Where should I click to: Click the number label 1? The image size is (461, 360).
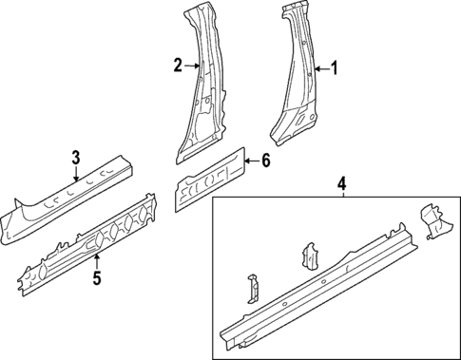[x=334, y=68]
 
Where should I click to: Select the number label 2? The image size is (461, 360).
[x=178, y=66]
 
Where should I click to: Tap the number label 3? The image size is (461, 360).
[x=76, y=156]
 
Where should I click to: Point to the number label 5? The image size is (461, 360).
[x=96, y=278]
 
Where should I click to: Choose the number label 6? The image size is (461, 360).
[x=266, y=161]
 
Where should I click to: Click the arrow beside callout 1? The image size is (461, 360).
[x=320, y=68]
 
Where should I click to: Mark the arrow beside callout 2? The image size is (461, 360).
[x=191, y=66]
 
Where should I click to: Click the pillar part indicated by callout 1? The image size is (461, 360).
[x=297, y=85]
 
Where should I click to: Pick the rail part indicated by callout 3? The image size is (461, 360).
[x=67, y=202]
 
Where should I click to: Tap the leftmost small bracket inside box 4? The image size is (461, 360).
[x=252, y=287]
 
